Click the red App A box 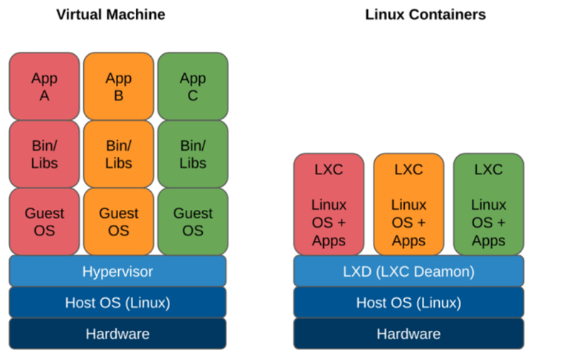pos(44,86)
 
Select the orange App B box pos(118,86)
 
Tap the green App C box pos(192,86)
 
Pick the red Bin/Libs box pos(44,154)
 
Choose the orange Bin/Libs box pos(118,154)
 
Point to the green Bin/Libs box pos(192,154)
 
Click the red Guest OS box pos(44,221)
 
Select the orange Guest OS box pos(118,221)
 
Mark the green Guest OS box pos(192,221)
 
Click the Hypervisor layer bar pos(117,271)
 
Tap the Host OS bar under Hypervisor pos(117,302)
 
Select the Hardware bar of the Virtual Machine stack pos(117,334)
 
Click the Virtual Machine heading pos(110,14)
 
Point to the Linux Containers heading pos(425,14)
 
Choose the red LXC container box pos(329,204)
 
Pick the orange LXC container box pos(408,204)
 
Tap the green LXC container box pos(488,204)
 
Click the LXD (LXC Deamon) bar pos(408,271)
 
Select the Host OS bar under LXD pos(408,302)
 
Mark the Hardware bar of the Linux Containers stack pos(408,334)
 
